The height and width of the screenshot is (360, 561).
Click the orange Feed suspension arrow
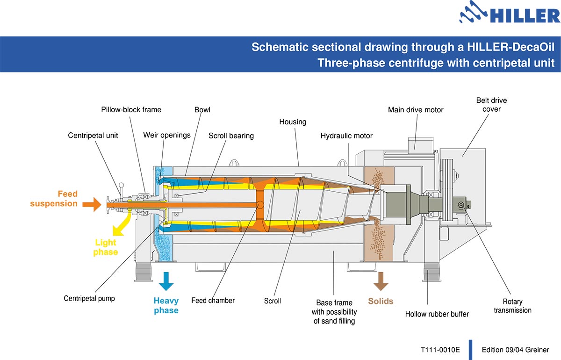[x=91, y=204]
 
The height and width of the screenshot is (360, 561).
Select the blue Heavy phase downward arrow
[x=165, y=281]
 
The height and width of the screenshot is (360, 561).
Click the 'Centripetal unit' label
[x=93, y=136]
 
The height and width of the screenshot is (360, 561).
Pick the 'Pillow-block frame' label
[x=131, y=110]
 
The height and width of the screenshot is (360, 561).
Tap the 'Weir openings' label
[x=167, y=135]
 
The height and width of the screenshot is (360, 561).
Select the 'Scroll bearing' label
[x=231, y=136]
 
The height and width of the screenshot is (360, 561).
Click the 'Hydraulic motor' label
[x=346, y=136]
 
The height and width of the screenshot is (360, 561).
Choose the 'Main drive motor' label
[x=416, y=110]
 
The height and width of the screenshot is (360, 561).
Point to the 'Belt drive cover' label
[x=491, y=105]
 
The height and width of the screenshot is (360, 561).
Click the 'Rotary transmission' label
[x=512, y=306]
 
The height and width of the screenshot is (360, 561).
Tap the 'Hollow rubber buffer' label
[x=437, y=314]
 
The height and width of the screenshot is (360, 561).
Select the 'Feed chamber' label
[x=213, y=300]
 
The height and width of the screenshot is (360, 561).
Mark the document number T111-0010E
[x=440, y=350]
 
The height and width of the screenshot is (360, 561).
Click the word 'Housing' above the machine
[x=293, y=122]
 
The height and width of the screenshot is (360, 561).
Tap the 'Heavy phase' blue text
[x=166, y=306]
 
